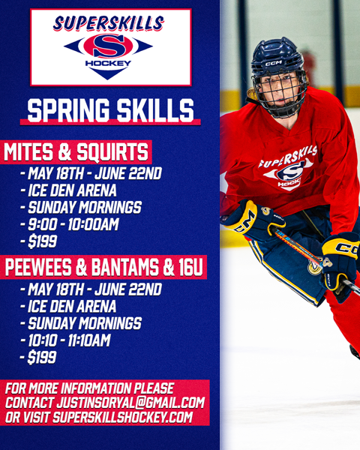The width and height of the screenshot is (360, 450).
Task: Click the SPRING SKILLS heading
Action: [110, 110]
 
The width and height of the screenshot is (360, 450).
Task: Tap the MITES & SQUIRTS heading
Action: [76, 152]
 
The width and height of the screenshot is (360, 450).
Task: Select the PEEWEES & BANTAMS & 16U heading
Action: [104, 268]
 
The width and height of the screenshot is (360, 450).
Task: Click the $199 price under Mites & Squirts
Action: [41, 241]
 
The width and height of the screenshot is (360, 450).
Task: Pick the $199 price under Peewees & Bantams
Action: [42, 358]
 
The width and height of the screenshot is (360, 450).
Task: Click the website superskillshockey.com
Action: [123, 418]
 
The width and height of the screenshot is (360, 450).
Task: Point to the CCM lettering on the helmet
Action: [273, 64]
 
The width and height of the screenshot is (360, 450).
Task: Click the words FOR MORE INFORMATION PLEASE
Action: [89, 388]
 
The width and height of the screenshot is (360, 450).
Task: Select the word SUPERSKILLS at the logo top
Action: [108, 24]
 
